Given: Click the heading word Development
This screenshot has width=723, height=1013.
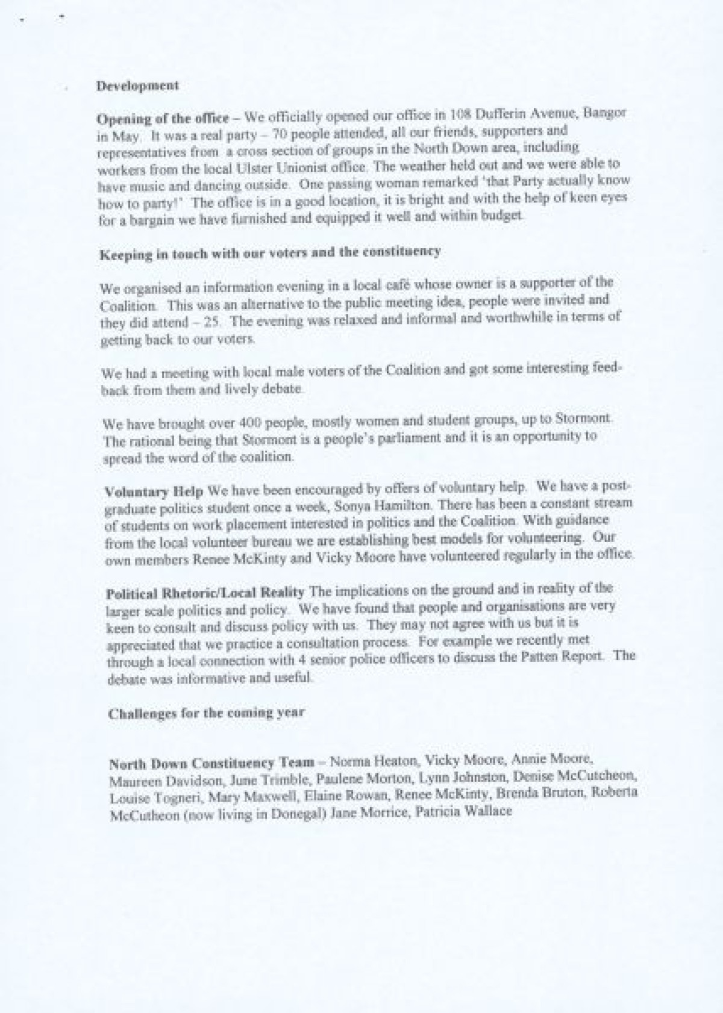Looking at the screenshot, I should click(x=137, y=86).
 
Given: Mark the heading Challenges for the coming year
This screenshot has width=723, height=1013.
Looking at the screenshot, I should click(x=206, y=713).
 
